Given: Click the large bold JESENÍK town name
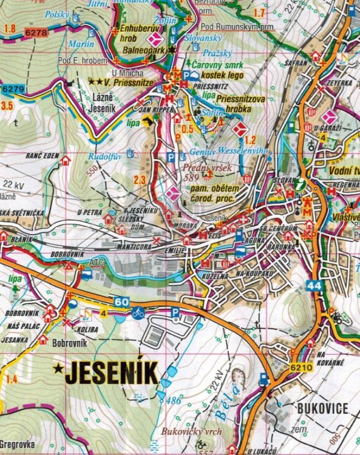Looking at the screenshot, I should click(x=111, y=372).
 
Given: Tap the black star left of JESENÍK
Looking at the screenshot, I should click(x=58, y=367).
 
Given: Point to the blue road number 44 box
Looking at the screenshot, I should click(x=313, y=285).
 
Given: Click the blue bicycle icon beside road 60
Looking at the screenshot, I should click(x=138, y=313).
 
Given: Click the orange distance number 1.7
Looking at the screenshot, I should click(x=259, y=13).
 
